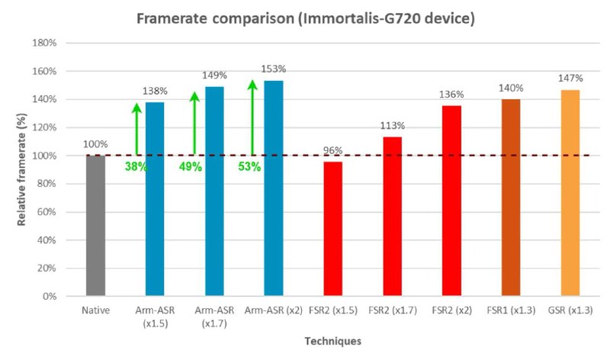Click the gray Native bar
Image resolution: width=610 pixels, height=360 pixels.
tap(95, 225)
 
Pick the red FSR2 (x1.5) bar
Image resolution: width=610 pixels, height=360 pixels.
tap(332, 228)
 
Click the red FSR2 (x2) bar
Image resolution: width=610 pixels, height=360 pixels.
tap(451, 200)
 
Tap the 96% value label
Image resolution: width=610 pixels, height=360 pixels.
tap(333, 150)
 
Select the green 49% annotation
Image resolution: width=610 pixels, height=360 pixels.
tap(191, 166)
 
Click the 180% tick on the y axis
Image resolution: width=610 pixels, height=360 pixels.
tap(45, 43)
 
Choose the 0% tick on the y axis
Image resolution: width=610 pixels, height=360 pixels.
tap(50, 296)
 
